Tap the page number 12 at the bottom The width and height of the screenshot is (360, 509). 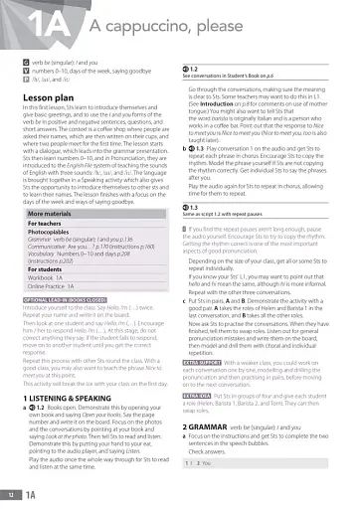(12, 495)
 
